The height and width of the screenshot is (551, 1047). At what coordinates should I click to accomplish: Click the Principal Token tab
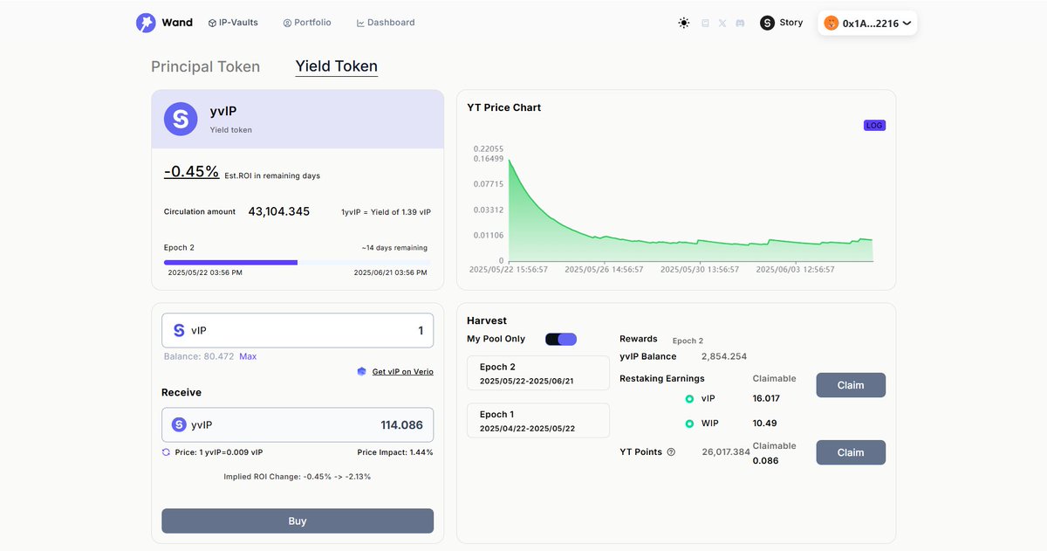pos(205,67)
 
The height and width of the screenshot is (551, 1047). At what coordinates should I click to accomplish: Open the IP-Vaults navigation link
pos(233,23)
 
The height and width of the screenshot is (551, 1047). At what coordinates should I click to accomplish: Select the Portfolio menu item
pos(307,23)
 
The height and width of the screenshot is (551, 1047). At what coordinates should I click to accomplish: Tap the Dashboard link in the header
pos(386,23)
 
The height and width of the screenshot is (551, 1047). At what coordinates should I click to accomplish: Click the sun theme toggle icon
pos(684,24)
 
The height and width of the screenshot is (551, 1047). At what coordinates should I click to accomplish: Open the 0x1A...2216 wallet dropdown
pos(867,24)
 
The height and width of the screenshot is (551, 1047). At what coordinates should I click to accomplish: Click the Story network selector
pos(782,23)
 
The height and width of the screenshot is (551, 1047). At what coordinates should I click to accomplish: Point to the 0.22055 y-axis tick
pos(489,149)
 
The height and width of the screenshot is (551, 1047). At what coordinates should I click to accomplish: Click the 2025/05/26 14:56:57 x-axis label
pos(604,270)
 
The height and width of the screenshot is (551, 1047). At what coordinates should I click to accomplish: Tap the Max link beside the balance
pos(248,356)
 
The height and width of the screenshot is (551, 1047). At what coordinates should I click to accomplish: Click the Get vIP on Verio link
pos(402,372)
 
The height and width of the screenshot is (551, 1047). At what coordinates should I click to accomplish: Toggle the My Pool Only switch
pos(561,339)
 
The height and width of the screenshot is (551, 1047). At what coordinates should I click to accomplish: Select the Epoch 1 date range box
pos(538,421)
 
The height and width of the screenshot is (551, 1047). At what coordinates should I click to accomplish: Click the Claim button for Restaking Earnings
pos(851,385)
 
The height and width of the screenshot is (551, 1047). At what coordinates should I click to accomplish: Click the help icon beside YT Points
pos(671,452)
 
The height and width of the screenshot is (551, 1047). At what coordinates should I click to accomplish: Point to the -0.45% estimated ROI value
pos(191,172)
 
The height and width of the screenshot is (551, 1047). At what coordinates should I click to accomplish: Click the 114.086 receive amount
pos(401,425)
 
